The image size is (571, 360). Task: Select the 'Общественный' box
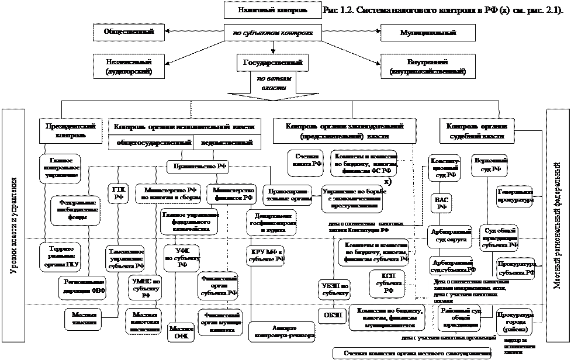pos(129,32)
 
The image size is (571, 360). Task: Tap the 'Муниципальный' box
pos(420,32)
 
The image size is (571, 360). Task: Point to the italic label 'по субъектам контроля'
pos(273,32)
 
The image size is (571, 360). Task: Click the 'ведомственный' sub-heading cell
pos(227,143)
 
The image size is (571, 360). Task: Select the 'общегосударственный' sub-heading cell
pos(154,143)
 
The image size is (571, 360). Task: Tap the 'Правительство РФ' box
pos(198,167)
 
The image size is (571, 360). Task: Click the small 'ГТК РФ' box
pos(119,193)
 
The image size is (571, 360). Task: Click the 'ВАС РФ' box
pos(442,202)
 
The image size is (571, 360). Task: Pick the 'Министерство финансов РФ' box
pos(233,193)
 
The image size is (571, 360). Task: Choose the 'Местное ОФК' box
pos(181,332)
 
